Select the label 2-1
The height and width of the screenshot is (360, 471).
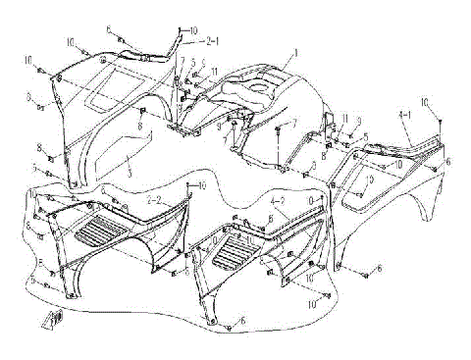click(x=211, y=42)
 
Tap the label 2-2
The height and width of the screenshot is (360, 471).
click(x=154, y=200)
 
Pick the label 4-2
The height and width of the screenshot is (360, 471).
click(x=277, y=200)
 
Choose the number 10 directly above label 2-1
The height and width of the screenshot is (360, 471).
click(x=193, y=30)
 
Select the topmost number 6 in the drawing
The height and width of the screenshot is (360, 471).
click(x=109, y=30)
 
